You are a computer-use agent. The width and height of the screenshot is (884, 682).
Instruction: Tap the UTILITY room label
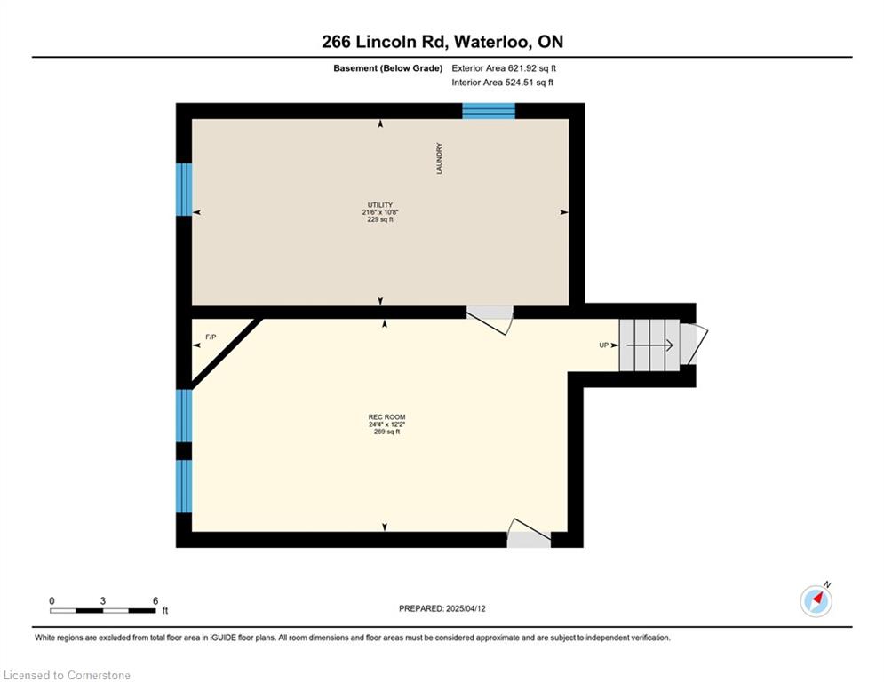coord(380,205)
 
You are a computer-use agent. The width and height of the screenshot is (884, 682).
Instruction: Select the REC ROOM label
coord(386,417)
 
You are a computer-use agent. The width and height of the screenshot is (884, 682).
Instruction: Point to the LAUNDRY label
coord(439,158)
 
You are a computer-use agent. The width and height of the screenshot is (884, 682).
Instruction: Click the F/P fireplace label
coord(211,337)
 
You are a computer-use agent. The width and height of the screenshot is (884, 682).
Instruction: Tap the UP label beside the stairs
coord(604,345)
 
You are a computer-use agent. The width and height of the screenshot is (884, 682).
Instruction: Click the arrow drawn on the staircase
coord(649,345)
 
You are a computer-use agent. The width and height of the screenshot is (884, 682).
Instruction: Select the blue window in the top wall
coord(489,111)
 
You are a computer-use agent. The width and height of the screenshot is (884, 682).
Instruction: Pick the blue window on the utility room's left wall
coord(185,189)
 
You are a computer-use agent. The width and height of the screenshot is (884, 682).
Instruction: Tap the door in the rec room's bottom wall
coord(529,534)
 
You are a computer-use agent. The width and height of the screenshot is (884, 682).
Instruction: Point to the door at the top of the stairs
coord(693,344)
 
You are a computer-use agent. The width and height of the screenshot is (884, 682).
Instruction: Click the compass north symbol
coord(816,600)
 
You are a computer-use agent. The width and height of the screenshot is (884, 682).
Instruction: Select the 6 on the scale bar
coord(155,601)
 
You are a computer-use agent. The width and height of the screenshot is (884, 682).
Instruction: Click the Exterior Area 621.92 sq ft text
coord(504,68)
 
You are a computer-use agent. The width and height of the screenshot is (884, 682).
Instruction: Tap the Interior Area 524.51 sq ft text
coord(502,83)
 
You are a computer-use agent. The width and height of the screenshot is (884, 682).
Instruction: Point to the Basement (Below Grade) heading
coord(388,68)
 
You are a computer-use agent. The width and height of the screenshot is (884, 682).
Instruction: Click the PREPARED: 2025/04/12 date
coord(442,608)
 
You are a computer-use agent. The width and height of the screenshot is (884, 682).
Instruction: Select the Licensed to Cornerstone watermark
coord(68,675)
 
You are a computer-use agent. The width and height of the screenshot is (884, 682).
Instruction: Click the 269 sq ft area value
coord(386,432)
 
